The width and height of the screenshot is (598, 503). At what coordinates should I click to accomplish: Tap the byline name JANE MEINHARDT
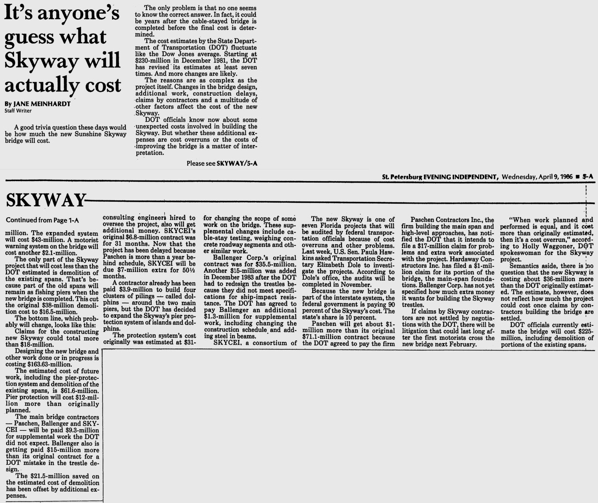[x=41, y=104]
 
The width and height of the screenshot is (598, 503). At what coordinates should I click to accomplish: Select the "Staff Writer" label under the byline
[x=18, y=111]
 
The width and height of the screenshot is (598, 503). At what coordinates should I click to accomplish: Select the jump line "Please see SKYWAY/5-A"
[x=222, y=163]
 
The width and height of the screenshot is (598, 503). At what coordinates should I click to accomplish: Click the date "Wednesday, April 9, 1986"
[x=537, y=177]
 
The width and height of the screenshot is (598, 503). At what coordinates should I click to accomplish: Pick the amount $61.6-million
[x=79, y=391]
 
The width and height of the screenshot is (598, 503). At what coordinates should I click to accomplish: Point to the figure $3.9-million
[x=125, y=290]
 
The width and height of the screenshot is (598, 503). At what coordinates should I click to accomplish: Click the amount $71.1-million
[x=320, y=337]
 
